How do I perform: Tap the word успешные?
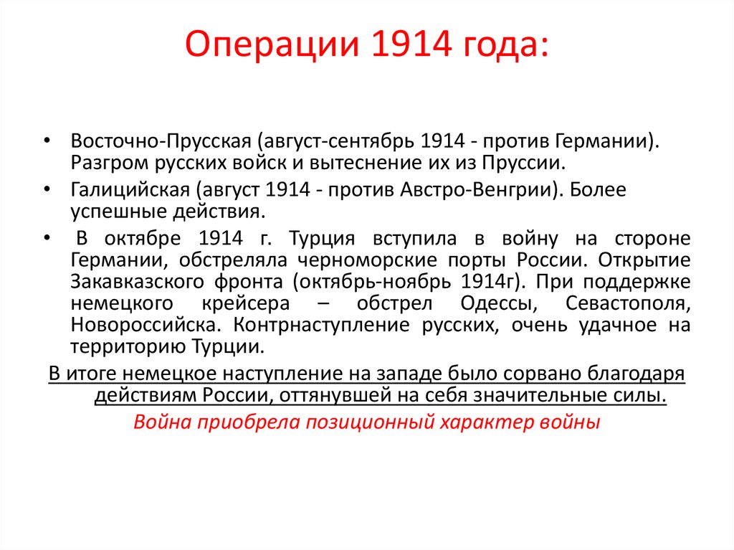tap(108, 212)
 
